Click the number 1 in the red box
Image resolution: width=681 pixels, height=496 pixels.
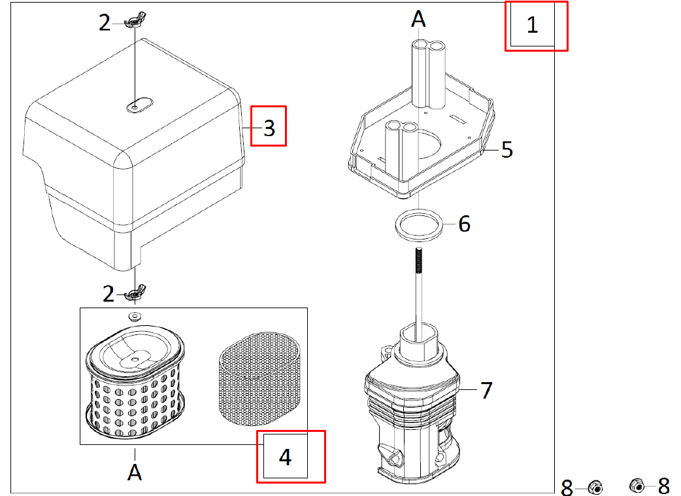pos(532,26)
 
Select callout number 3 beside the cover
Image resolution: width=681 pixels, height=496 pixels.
pos(269,128)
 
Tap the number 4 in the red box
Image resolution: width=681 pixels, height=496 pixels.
pos(285,457)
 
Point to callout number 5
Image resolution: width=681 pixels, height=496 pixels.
pos(507,149)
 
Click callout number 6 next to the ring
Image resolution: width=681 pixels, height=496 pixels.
pos(464,224)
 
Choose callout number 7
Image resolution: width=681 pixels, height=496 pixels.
pos(486,391)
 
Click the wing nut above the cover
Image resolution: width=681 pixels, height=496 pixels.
pos(133,24)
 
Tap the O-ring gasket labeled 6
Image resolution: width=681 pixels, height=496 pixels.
pos(418,224)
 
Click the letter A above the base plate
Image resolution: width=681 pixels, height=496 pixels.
pos(418,20)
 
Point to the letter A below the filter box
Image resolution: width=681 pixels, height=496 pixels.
pos(135,471)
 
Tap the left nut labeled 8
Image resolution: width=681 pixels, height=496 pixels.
pos(595,487)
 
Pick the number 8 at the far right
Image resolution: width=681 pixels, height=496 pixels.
pos(663,486)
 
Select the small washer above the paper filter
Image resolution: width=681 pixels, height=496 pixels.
pos(135,317)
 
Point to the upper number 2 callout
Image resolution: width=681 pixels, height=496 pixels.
pos(105,24)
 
